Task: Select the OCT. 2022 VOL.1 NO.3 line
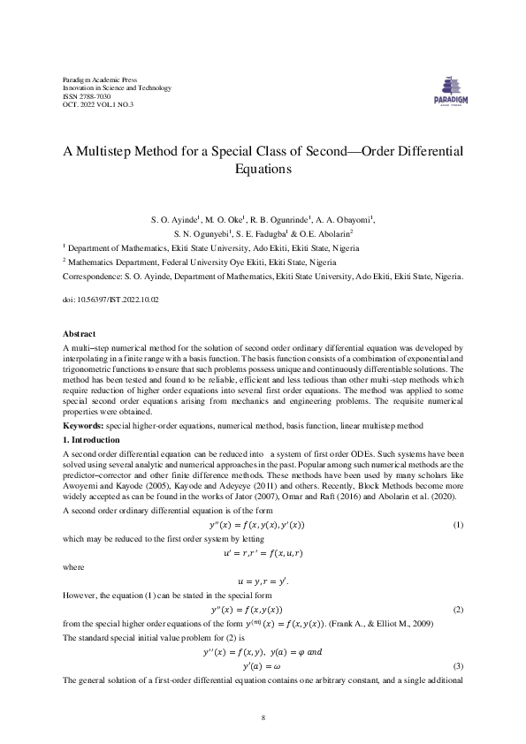98,105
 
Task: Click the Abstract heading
80,333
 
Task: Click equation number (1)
458,526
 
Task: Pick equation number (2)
458,610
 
